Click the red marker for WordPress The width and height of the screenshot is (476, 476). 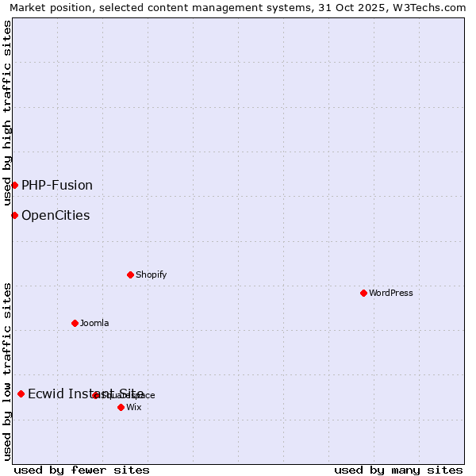pyautogui.click(x=363, y=293)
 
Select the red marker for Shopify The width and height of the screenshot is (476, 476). pyautogui.click(x=130, y=274)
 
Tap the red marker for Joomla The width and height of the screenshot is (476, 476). pyautogui.click(x=75, y=323)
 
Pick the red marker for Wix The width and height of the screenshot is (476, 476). pyautogui.click(x=121, y=407)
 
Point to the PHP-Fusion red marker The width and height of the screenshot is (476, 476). pyautogui.click(x=14, y=185)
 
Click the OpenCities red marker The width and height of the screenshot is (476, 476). pyautogui.click(x=14, y=215)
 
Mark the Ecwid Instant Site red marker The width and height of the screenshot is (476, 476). pyautogui.click(x=21, y=393)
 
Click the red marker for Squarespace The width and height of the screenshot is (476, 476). pyautogui.click(x=95, y=395)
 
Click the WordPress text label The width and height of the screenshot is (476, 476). pyautogui.click(x=391, y=293)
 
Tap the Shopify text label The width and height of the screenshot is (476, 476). pyautogui.click(x=151, y=274)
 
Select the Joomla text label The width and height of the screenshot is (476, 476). pyautogui.click(x=94, y=323)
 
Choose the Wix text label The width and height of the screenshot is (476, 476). pyautogui.click(x=134, y=407)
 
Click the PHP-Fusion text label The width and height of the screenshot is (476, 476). pyautogui.click(x=57, y=185)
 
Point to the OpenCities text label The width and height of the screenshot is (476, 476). pyautogui.click(x=56, y=215)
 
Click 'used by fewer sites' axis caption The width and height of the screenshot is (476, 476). pyautogui.click(x=82, y=470)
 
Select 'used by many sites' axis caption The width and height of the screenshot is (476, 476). pyautogui.click(x=398, y=470)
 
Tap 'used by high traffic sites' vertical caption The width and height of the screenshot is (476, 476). pyautogui.click(x=8, y=113)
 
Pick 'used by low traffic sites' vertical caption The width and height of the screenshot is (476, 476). pyautogui.click(x=8, y=371)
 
